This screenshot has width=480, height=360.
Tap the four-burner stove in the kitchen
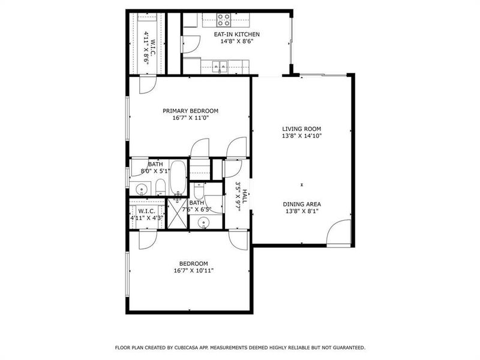pyautogui.click(x=224, y=18)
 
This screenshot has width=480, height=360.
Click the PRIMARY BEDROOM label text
pyautogui.click(x=190, y=111)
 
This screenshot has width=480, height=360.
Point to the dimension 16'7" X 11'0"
pyautogui.click(x=190, y=119)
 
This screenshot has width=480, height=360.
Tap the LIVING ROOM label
pyautogui.click(x=302, y=128)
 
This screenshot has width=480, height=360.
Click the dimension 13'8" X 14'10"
pyautogui.click(x=302, y=136)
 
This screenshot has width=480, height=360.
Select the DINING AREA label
pyautogui.click(x=302, y=204)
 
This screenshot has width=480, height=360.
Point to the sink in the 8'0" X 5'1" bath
pyautogui.click(x=140, y=190)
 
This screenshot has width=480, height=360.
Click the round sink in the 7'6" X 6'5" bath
pyautogui.click(x=203, y=223)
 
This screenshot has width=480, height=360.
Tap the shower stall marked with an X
pyautogui.click(x=178, y=213)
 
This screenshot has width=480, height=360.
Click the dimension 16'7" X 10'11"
pyautogui.click(x=193, y=271)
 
